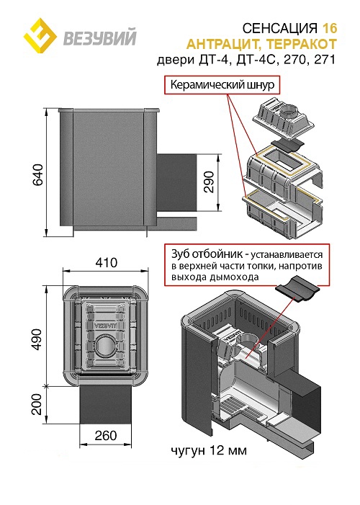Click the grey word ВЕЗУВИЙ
pyautogui.click(x=100, y=37)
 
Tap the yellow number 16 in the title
pyautogui.click(x=330, y=28)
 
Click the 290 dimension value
pyautogui.click(x=209, y=182)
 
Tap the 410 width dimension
pyautogui.click(x=107, y=263)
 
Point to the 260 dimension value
pyautogui.click(x=106, y=436)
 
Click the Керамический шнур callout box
pyautogui.click(x=222, y=85)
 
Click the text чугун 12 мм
pyautogui.click(x=209, y=450)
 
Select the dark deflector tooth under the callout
pyautogui.click(x=297, y=289)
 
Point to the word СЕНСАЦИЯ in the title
pyautogui.click(x=280, y=28)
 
